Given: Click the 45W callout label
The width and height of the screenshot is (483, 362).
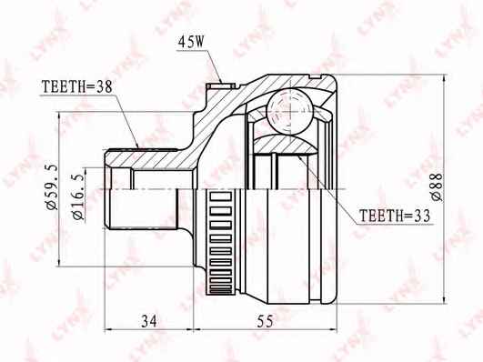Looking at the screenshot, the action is pyautogui.click(x=191, y=42).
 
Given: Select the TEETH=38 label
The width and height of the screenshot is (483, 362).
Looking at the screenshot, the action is pyautogui.click(x=76, y=87).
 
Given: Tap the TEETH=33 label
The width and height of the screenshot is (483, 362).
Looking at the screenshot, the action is pyautogui.click(x=395, y=216).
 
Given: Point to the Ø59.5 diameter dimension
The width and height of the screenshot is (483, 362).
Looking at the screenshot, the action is pyautogui.click(x=52, y=187).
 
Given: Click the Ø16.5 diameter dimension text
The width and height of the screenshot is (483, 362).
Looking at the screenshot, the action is pyautogui.click(x=78, y=196).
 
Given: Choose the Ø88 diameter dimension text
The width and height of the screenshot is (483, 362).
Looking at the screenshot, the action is pyautogui.click(x=437, y=187).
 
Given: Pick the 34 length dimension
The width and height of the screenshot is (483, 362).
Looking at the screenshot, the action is pyautogui.click(x=149, y=321).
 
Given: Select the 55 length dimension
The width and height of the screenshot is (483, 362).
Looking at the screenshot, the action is pyautogui.click(x=266, y=321).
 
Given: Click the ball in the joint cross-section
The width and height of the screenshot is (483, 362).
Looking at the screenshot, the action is pyautogui.click(x=289, y=111).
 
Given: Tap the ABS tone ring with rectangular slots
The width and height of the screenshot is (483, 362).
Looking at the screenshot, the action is pyautogui.click(x=220, y=242).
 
